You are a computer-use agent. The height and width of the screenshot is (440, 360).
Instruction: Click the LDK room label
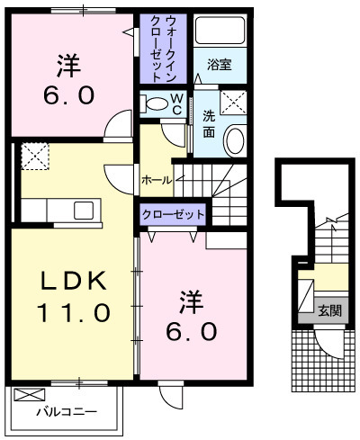[x=72, y=281]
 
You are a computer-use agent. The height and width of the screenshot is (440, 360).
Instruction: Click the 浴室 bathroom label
[x=219, y=65]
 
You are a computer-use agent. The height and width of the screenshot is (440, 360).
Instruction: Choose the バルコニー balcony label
[x=66, y=413]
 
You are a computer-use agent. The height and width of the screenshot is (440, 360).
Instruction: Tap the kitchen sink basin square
[x=84, y=211]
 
